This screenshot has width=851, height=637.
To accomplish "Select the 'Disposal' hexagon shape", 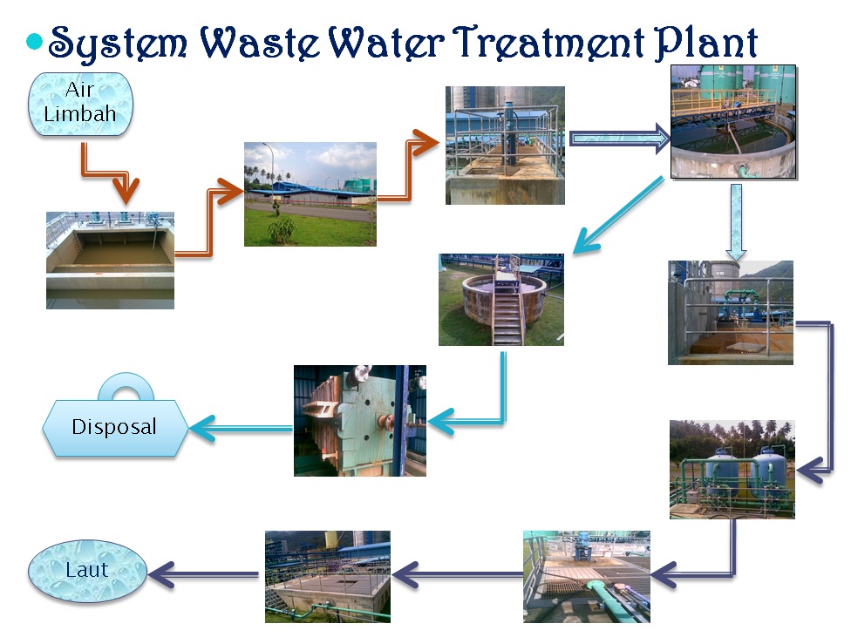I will click(x=114, y=427).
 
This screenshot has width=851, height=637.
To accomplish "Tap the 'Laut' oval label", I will click(x=86, y=570).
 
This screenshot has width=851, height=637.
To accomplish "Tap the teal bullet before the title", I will click(x=35, y=41).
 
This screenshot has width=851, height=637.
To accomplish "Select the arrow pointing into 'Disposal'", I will click(x=240, y=427).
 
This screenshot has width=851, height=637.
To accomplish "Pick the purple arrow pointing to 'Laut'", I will click(x=205, y=573).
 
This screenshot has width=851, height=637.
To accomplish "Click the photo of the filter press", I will click(x=359, y=420).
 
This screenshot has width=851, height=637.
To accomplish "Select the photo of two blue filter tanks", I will click(x=732, y=470).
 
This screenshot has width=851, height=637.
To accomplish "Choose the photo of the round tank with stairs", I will click(x=500, y=299).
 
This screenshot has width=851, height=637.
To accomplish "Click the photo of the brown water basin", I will click(x=110, y=260).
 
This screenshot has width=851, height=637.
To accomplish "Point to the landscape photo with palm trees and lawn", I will click(x=310, y=193).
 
